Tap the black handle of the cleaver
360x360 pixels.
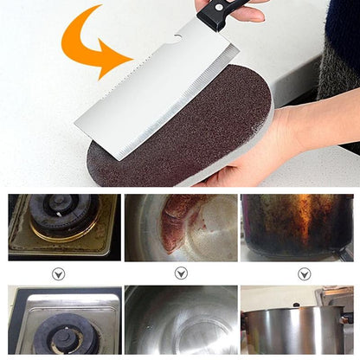227,12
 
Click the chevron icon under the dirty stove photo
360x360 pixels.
59,273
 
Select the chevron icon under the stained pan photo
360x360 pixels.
181,273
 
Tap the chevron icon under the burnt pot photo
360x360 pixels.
304,273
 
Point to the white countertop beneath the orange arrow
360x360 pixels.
52,112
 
